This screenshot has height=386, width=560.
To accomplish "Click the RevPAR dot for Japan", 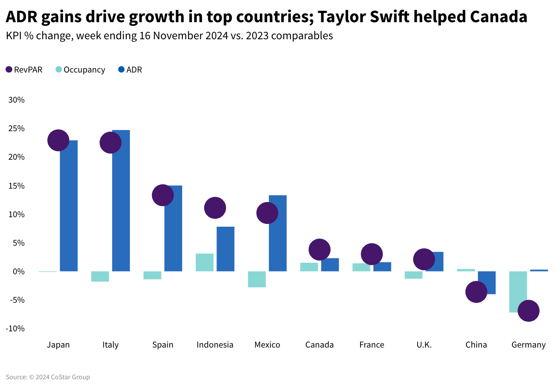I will (x=58, y=140).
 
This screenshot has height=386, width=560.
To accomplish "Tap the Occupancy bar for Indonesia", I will (x=205, y=262).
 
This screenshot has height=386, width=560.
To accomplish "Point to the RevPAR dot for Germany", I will (x=528, y=311).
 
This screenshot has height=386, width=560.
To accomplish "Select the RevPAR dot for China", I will (x=476, y=292).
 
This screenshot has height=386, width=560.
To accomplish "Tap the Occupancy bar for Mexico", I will (x=257, y=279).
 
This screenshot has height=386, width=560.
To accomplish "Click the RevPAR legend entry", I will (x=24, y=70).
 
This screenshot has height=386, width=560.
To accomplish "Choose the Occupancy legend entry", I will (x=81, y=70).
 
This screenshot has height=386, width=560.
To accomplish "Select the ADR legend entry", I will (x=130, y=70).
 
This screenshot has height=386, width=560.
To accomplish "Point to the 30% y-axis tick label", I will (x=17, y=100).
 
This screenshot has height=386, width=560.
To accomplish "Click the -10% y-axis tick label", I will (x=15, y=329).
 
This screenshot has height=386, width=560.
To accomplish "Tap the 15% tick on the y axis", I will (x=17, y=186).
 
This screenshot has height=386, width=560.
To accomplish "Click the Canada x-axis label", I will (x=319, y=345).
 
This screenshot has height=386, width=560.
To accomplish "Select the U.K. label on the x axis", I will (x=424, y=345).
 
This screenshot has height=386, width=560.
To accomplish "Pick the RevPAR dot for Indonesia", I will (x=215, y=208).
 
